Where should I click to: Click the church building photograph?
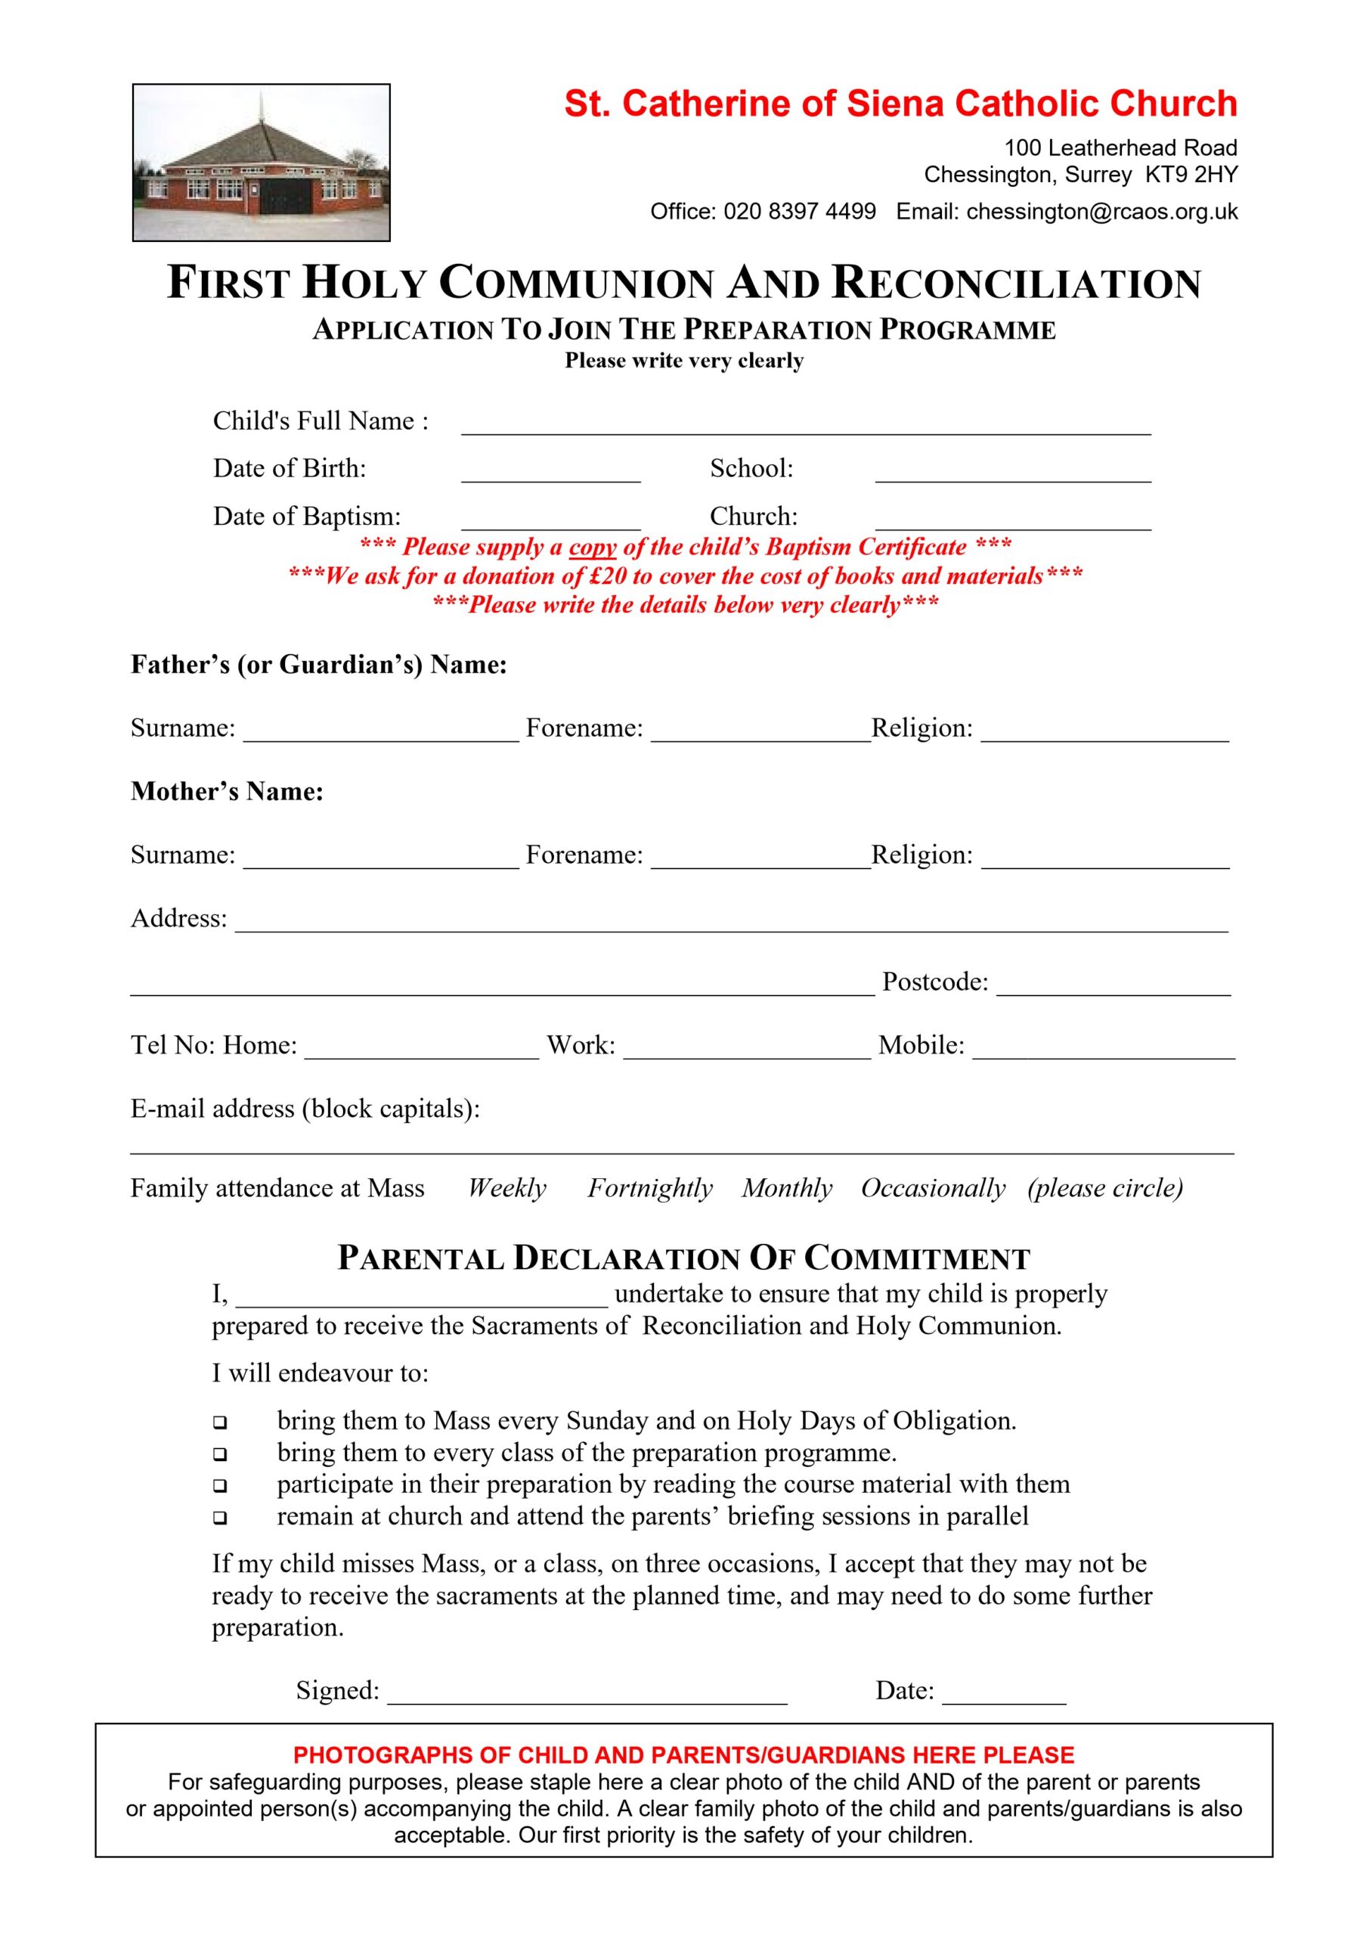[262, 162]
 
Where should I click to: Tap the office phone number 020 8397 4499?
[799, 212]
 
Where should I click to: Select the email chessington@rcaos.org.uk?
[1101, 212]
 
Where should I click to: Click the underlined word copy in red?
[593, 548]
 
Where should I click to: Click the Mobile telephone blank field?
[1104, 1049]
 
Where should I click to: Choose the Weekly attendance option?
[506, 1188]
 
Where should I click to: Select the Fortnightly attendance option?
[650, 1188]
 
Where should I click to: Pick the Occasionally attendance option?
[933, 1188]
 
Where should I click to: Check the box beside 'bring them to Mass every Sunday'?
[220, 1423]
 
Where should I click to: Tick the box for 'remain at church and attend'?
[220, 1518]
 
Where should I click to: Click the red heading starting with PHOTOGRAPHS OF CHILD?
[683, 1755]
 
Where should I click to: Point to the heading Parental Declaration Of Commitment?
[683, 1259]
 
